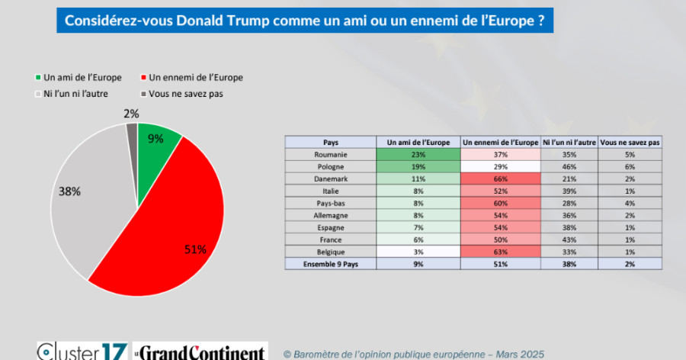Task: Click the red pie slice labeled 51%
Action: click(175, 221)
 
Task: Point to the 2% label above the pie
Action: click(131, 114)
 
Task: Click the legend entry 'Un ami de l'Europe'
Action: click(72, 77)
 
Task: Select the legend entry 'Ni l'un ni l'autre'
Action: click(72, 94)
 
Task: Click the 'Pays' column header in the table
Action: click(331, 142)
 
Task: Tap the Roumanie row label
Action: click(331, 154)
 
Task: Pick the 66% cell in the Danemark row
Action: click(501, 178)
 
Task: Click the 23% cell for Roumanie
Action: click(418, 154)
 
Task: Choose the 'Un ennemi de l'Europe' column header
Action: click(501, 142)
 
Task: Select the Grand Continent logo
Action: click(200, 352)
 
